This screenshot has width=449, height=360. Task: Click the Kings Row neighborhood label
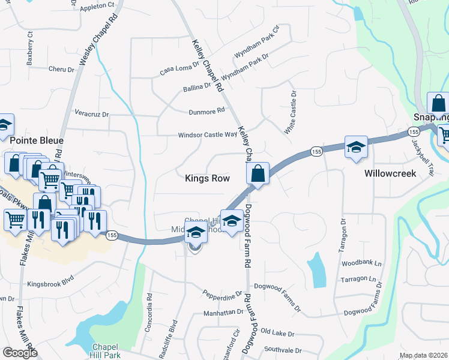(207, 178)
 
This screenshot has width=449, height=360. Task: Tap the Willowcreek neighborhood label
(391, 173)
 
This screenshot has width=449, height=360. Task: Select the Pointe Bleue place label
(37, 140)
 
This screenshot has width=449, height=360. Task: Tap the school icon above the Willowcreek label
(356, 147)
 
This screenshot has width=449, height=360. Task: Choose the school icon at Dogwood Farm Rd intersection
(231, 221)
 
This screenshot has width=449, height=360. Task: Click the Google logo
(20, 352)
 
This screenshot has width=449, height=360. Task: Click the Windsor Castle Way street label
(207, 135)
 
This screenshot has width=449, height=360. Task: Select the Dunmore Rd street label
(206, 110)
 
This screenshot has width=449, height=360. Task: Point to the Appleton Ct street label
(97, 5)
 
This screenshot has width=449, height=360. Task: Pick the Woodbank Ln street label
(361, 263)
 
